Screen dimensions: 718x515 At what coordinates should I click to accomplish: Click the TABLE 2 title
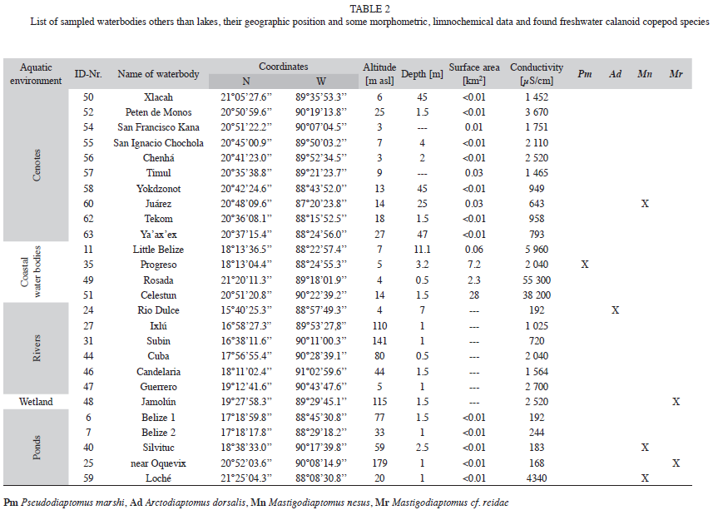369,8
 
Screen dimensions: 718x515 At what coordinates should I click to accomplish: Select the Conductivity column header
537,74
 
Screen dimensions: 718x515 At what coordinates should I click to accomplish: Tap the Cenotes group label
36,166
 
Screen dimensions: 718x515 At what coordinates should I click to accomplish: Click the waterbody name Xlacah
158,97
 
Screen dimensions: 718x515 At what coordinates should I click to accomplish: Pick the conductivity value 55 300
537,280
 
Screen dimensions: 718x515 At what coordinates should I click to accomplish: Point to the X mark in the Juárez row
645,204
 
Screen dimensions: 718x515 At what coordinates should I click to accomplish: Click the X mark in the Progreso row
585,265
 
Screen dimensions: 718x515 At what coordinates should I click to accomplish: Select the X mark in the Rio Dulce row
615,310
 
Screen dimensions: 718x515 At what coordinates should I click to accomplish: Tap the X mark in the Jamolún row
676,402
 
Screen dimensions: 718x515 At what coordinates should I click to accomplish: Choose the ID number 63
88,235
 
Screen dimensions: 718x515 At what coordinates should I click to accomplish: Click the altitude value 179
379,463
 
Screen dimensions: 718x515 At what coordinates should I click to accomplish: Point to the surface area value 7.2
474,265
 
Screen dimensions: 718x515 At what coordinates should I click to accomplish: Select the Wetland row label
36,402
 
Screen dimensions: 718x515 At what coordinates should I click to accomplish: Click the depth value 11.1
422,250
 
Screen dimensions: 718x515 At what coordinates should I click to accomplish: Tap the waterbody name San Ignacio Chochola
158,143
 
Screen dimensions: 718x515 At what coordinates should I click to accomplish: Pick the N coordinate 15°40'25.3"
246,310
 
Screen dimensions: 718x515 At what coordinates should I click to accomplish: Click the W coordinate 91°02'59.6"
321,371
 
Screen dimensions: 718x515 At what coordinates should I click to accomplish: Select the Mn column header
645,74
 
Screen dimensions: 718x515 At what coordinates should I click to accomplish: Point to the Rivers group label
36,349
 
